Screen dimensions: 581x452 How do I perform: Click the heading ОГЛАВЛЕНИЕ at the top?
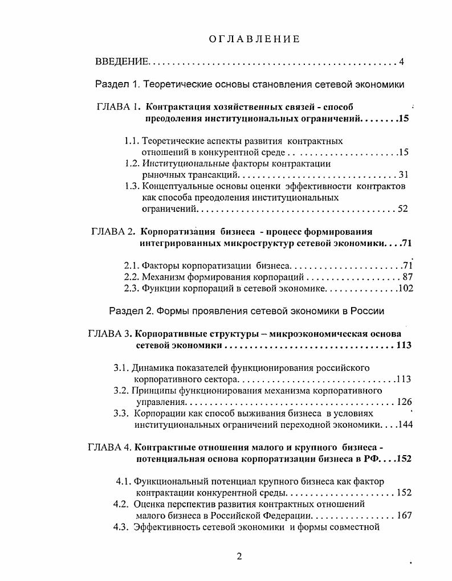(x=254, y=39)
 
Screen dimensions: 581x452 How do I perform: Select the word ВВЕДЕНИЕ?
(x=122, y=62)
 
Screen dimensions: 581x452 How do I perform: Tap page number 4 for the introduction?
(x=402, y=62)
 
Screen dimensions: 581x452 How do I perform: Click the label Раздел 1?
(x=117, y=84)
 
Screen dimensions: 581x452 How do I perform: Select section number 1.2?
(x=132, y=163)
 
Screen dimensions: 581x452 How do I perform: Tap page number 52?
(x=403, y=209)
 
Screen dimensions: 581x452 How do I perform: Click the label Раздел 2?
(x=131, y=311)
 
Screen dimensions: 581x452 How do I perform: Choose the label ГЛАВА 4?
(x=110, y=447)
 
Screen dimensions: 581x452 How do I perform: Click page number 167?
(x=404, y=515)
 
